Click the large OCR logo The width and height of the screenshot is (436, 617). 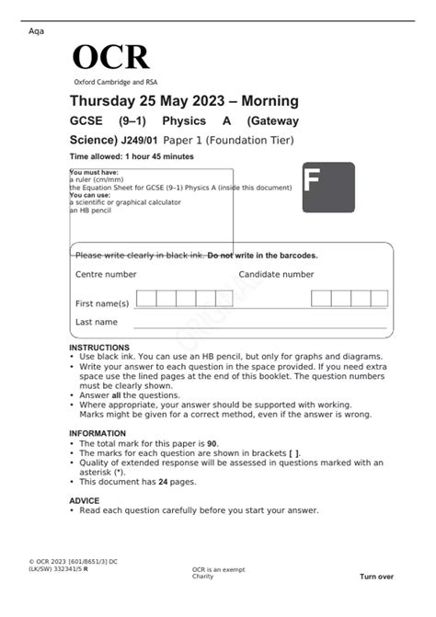pos(110,58)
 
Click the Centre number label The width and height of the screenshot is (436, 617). pos(106,274)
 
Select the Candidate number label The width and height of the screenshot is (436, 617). pos(276,274)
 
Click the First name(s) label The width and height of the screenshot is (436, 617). pos(102,303)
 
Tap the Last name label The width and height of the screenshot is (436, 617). pos(97,323)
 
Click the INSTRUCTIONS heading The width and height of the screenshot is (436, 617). pos(99,348)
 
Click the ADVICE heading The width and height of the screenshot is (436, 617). pos(84,501)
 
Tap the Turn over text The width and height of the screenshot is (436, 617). pos(376,577)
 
